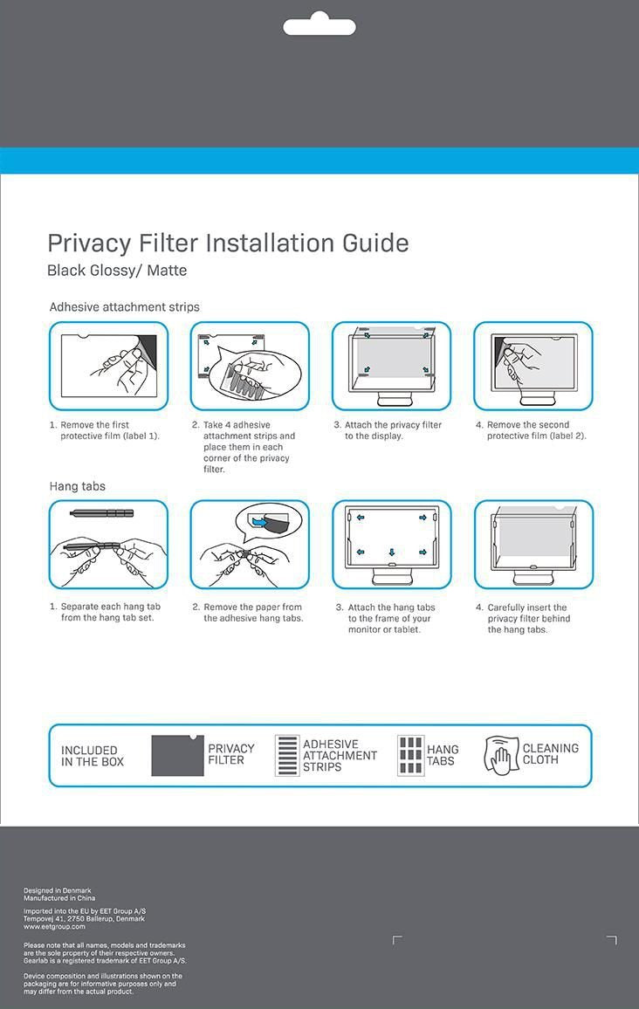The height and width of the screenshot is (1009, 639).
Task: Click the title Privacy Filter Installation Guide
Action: pyautogui.click(x=228, y=243)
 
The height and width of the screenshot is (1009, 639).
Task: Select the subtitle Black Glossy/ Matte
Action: pyautogui.click(x=117, y=271)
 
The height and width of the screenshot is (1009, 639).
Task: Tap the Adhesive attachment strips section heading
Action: pyautogui.click(x=124, y=307)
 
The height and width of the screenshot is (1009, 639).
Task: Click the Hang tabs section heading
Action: pyautogui.click(x=77, y=486)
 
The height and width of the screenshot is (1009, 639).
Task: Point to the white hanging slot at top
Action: pyautogui.click(x=319, y=26)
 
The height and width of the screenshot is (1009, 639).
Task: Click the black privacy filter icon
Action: pyautogui.click(x=177, y=755)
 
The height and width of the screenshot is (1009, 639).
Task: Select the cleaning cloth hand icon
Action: pyautogui.click(x=501, y=755)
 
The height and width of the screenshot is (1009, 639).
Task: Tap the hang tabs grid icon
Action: pyautogui.click(x=409, y=755)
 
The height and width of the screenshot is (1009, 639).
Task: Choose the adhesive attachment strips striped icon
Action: pyautogui.click(x=287, y=755)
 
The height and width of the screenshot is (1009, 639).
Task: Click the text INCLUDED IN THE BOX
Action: pyautogui.click(x=93, y=756)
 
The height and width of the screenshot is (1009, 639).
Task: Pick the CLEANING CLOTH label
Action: pyautogui.click(x=550, y=754)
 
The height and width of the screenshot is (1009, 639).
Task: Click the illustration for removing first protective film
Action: pyautogui.click(x=108, y=366)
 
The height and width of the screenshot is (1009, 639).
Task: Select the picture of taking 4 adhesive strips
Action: pyautogui.click(x=250, y=366)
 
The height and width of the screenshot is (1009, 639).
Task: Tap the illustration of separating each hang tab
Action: pyautogui.click(x=108, y=544)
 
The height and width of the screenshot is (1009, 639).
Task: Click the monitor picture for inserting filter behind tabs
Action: pyautogui.click(x=532, y=544)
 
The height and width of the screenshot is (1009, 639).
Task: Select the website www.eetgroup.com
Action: pyautogui.click(x=54, y=926)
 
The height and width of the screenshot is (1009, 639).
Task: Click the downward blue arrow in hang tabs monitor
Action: pyautogui.click(x=391, y=552)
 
